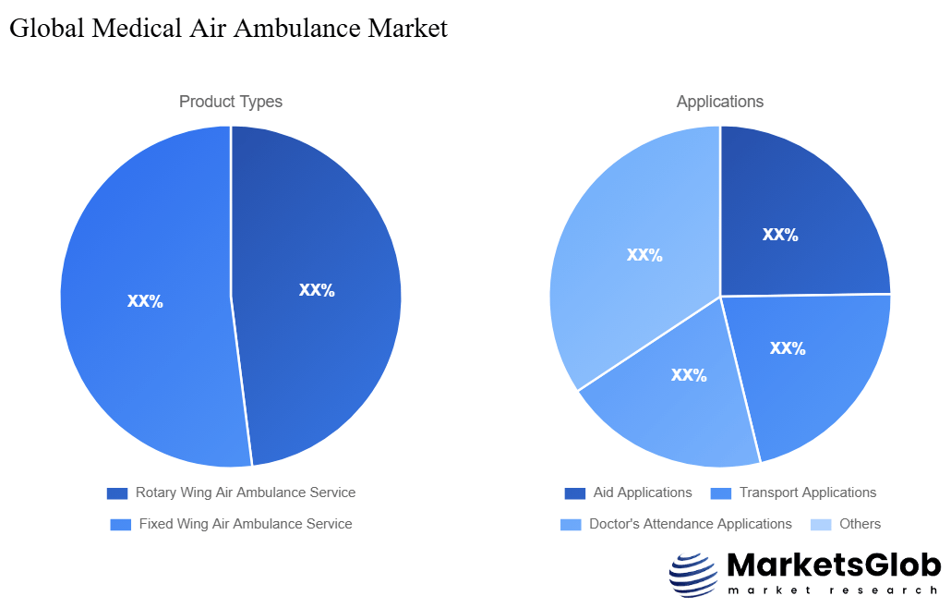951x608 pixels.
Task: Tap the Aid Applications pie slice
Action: tap(794, 222)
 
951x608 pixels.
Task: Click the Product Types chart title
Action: tap(231, 102)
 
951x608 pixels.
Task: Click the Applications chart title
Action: tap(720, 102)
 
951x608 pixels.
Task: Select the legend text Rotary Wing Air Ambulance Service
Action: tap(245, 492)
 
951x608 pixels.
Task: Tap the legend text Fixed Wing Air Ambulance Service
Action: tap(245, 524)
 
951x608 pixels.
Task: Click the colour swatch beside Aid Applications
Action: tap(575, 493)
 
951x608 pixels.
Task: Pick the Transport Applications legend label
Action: tap(807, 492)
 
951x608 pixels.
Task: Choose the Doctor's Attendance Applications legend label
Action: tap(690, 524)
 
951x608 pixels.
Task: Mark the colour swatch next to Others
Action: tap(821, 525)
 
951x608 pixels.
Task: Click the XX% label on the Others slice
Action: tap(644, 255)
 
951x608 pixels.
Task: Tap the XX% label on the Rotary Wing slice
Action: tap(317, 290)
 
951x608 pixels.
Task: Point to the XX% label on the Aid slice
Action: tap(780, 235)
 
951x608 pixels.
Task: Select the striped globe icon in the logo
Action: tap(692, 575)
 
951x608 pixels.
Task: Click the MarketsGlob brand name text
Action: tap(834, 565)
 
